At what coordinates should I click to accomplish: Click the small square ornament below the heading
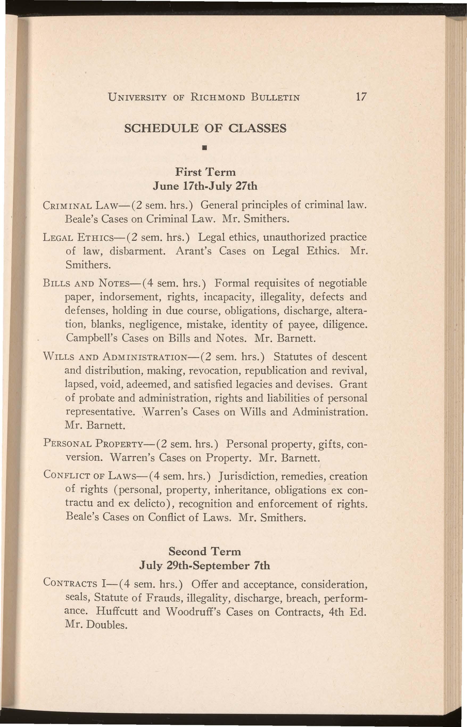coord(205,149)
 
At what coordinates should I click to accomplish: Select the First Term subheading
coord(205,172)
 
